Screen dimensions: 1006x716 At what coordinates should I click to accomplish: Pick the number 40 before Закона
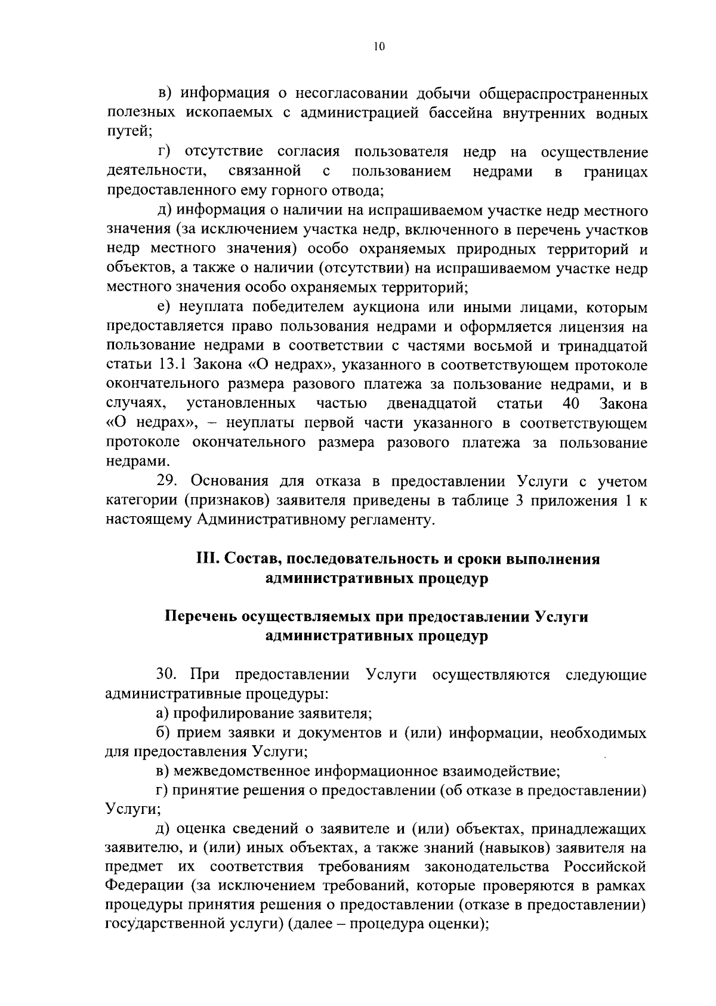coord(571,404)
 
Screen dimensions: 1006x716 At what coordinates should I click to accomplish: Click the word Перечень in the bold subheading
coord(200,617)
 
